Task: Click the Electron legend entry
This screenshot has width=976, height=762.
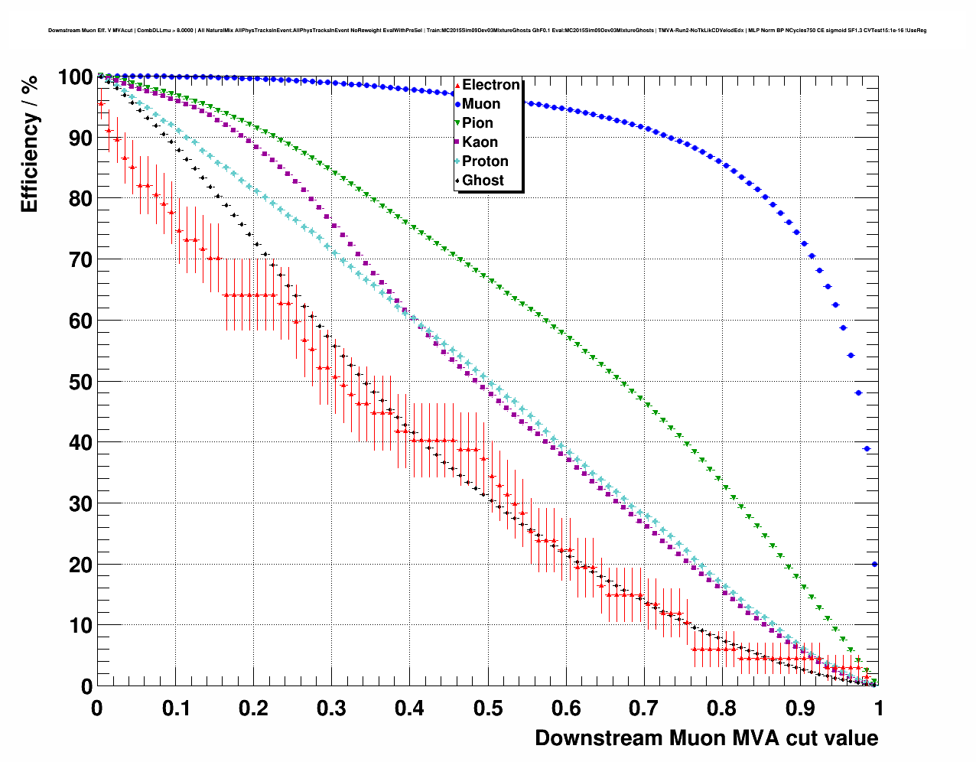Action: point(490,85)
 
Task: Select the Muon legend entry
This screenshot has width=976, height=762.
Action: point(481,104)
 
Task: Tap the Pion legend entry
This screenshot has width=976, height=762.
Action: point(477,123)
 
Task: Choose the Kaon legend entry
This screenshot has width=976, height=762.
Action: point(480,142)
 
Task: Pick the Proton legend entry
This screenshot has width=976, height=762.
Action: point(485,161)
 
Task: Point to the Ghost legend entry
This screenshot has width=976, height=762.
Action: point(483,181)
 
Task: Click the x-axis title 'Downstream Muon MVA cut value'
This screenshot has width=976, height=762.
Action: point(706,738)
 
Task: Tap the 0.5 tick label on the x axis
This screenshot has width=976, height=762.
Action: point(488,708)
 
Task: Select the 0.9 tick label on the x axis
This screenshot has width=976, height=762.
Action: point(801,708)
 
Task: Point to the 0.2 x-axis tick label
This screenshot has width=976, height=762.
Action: point(253,708)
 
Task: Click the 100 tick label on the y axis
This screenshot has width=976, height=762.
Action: point(74,77)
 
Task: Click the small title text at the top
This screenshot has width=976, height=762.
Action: point(487,31)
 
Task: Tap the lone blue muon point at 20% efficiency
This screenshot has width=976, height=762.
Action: point(874,565)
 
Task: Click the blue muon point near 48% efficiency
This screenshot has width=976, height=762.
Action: point(859,393)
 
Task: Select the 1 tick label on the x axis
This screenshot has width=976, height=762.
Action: point(879,708)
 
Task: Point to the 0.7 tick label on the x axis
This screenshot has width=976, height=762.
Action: point(644,708)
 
